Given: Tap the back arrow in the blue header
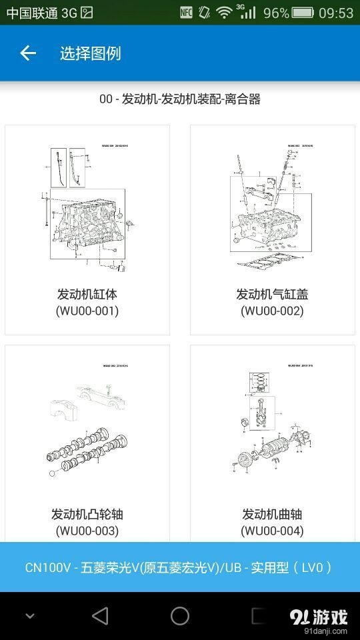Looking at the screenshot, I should (27, 53).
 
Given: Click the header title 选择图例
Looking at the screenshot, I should (90, 53).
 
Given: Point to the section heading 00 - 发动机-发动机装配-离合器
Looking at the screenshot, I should (179, 99).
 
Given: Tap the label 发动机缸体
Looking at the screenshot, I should (87, 294).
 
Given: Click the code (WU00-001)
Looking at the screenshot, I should (87, 311).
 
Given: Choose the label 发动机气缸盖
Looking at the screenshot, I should (272, 294).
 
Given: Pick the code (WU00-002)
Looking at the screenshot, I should (272, 311).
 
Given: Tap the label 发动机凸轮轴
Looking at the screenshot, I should (87, 514).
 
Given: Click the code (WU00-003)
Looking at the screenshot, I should (87, 531).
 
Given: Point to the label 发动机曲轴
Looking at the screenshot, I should (272, 514).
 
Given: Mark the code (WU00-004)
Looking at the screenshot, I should (272, 531).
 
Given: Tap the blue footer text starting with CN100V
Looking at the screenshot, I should (179, 567).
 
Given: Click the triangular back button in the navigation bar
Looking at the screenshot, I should (100, 616).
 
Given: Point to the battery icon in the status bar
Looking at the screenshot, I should (303, 13).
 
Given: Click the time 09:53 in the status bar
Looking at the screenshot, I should (336, 13).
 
